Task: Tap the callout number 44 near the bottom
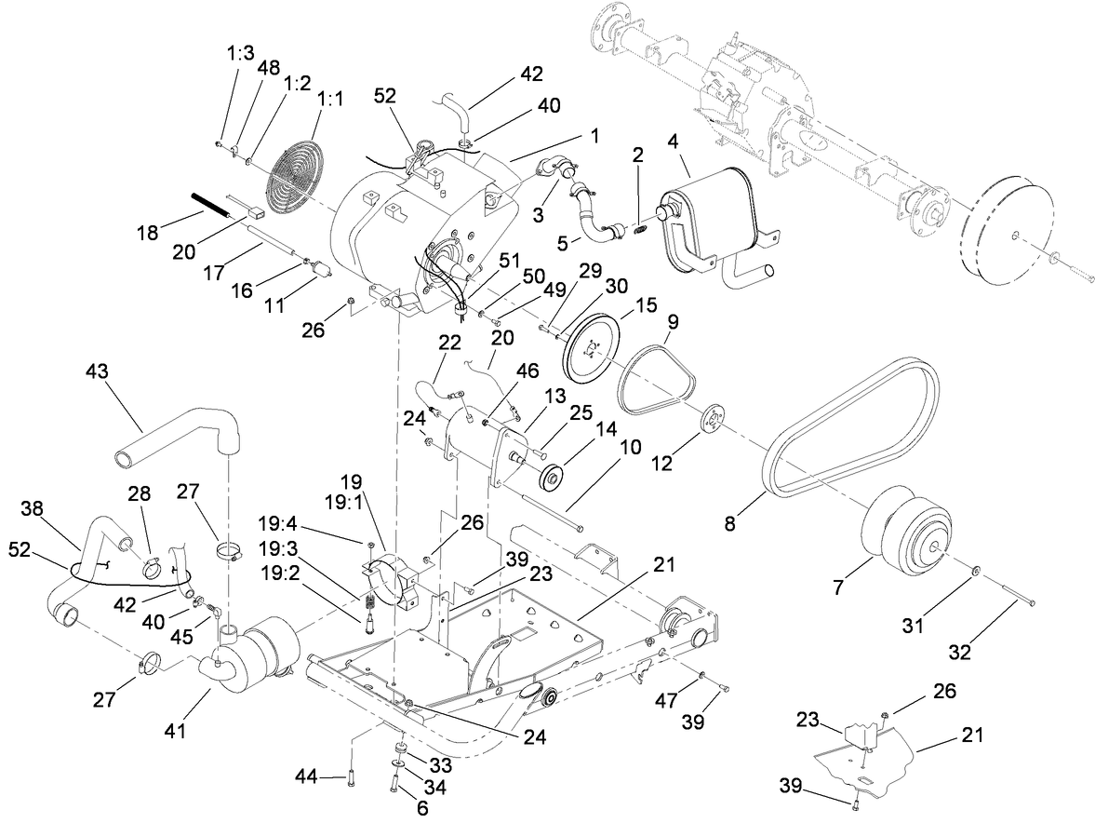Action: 309,776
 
